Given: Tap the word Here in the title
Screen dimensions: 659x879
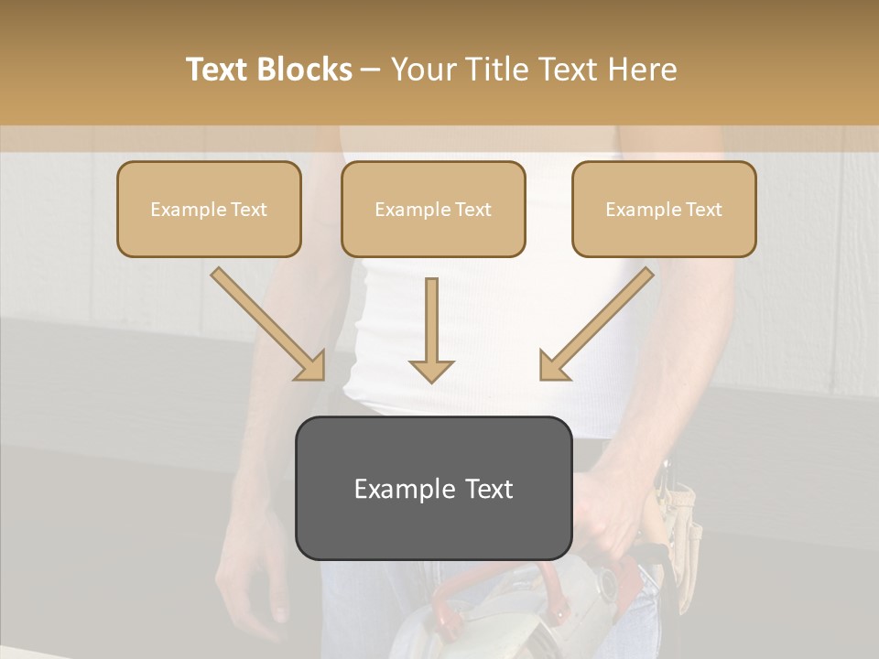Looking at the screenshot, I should coord(642,70).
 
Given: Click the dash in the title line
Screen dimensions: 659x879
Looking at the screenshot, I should coord(371,70).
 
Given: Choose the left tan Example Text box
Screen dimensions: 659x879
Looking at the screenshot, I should coord(209,210).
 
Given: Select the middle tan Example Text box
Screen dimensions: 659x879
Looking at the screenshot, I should coord(433,210).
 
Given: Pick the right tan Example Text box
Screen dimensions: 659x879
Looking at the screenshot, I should coord(664,210).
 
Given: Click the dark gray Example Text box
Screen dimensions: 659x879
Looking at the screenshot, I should coord(433,488).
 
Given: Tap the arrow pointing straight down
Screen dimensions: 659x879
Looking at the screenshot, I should coord(431,329).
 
